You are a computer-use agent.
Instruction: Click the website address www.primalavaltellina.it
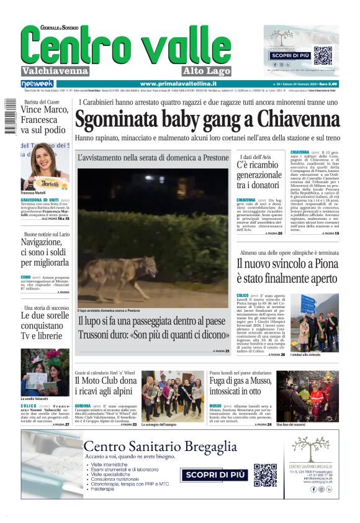pyautogui.click(x=178, y=83)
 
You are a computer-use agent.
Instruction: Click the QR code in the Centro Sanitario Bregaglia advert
pyautogui.click(x=265, y=475)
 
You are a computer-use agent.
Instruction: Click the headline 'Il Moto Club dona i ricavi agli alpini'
pyautogui.click(x=106, y=386)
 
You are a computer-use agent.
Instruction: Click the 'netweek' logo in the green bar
pyautogui.click(x=37, y=83)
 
